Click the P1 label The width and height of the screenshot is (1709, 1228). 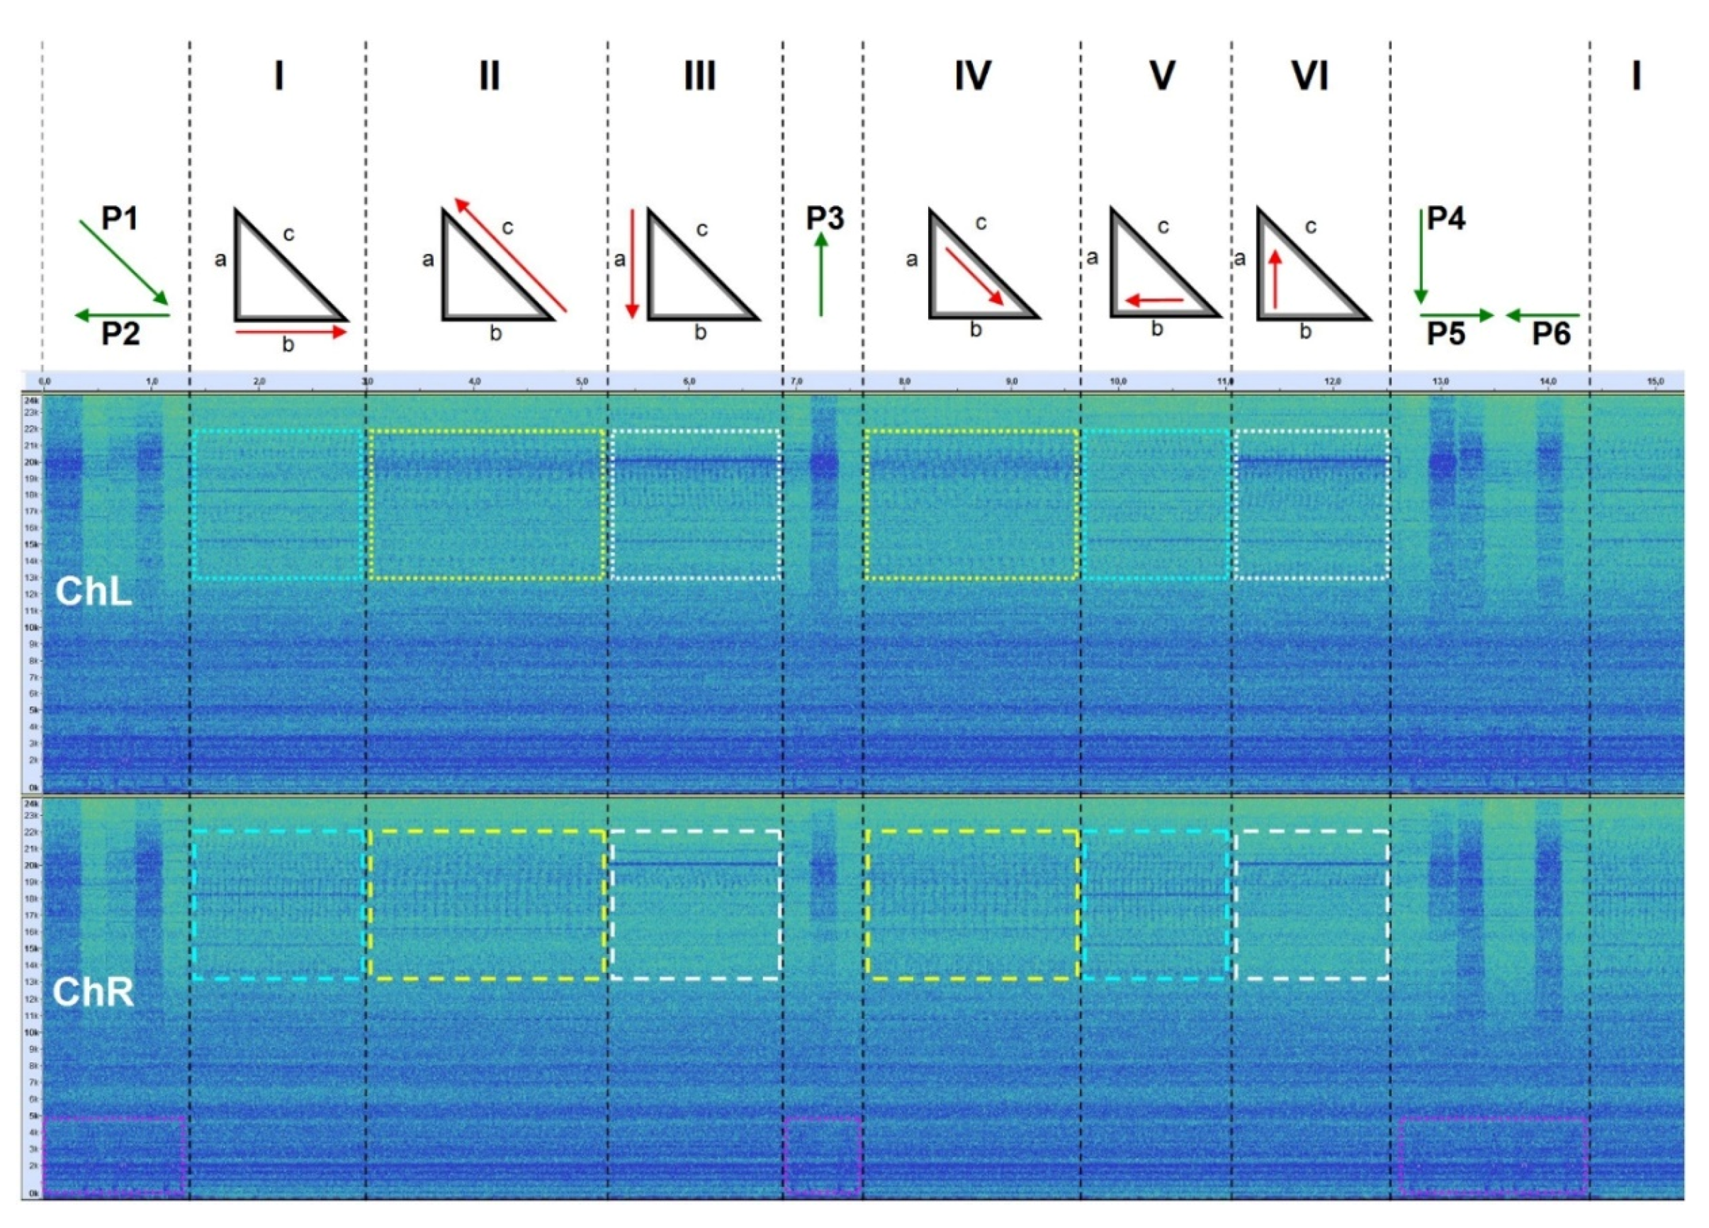[120, 219]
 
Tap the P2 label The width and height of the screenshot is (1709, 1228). [120, 333]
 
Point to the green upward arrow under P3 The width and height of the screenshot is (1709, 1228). [821, 274]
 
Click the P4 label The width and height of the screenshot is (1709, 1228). [1446, 218]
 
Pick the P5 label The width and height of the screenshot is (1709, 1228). [1446, 334]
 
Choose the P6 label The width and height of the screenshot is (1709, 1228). [1551, 334]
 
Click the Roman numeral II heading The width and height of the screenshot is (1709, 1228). [489, 76]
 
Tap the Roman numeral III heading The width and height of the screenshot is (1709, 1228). [699, 76]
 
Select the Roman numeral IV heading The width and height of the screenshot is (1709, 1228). [972, 76]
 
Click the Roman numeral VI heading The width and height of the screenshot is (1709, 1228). [1309, 76]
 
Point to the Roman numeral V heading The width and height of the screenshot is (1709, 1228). [1161, 76]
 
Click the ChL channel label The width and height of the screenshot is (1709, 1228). [94, 592]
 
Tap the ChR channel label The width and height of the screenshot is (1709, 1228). [94, 992]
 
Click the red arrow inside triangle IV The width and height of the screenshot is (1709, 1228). [974, 276]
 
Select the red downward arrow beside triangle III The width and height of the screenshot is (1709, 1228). [633, 264]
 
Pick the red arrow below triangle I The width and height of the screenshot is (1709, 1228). [292, 332]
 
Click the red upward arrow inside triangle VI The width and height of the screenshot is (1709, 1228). [1275, 278]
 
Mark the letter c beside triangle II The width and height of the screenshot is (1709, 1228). [507, 227]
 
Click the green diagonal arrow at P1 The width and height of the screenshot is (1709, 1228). [123, 263]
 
